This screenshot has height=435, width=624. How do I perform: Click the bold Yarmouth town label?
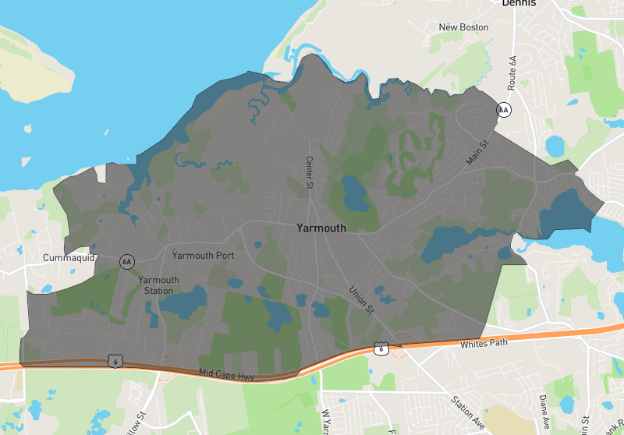(321, 228)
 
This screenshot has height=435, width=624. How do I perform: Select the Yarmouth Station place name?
(158, 285)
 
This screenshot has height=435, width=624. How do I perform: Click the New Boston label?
(463, 27)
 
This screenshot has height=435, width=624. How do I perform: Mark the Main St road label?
(477, 152)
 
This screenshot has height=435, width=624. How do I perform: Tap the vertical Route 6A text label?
(512, 72)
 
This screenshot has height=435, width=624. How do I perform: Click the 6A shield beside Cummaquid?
(126, 261)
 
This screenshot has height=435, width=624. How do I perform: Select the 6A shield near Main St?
(504, 110)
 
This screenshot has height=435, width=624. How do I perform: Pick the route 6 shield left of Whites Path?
(380, 348)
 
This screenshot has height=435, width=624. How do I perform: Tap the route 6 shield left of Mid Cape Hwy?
(115, 362)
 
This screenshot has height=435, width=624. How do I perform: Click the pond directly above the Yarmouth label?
(354, 195)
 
